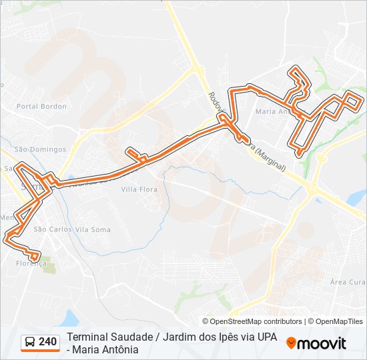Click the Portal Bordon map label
[x=41, y=106]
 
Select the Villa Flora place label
[x=139, y=189]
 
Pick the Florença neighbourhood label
[x=31, y=263]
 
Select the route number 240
[x=47, y=342]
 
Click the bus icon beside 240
[x=30, y=343]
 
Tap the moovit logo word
[x=322, y=343]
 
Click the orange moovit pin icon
[x=291, y=343]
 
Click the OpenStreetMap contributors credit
[x=252, y=321]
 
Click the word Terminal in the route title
[x=86, y=338]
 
